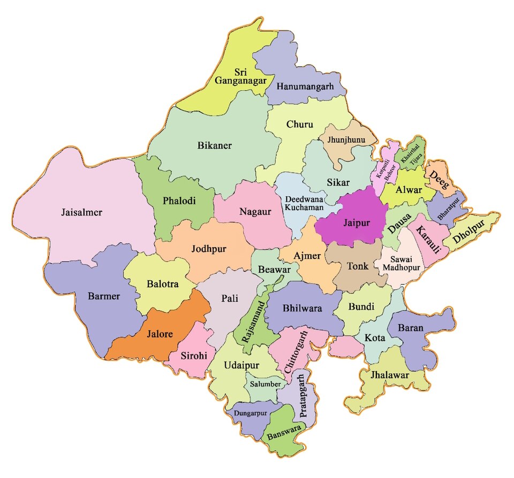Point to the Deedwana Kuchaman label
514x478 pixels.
coord(304,203)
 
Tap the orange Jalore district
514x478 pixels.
coord(160,335)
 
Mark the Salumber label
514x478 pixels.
coord(263,384)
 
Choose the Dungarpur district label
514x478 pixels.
coord(250,413)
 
